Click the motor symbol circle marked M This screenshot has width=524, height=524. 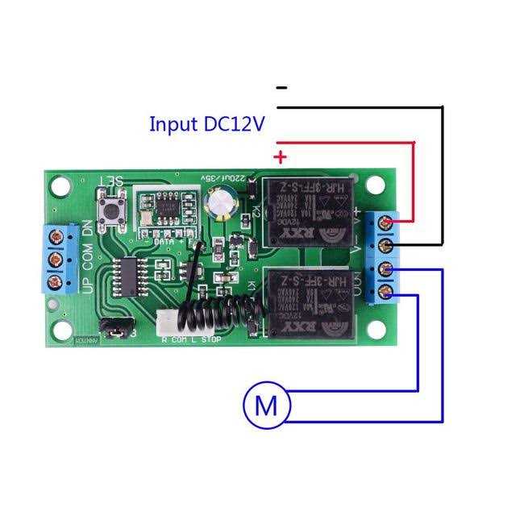point(265,405)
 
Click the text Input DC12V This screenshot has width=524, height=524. point(207,124)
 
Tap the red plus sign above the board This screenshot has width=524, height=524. point(281,156)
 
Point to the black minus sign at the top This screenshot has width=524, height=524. point(281,87)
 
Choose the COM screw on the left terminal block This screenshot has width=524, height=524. point(58,260)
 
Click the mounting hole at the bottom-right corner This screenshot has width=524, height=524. point(376,330)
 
